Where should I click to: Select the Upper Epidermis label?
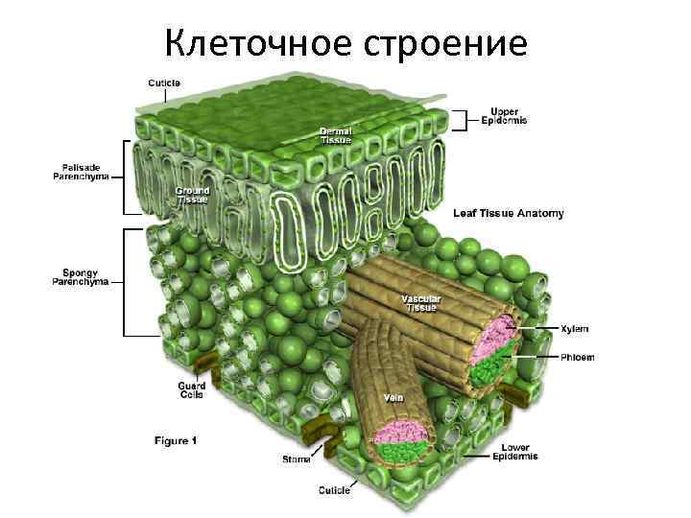[504, 116]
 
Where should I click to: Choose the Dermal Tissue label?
[336, 135]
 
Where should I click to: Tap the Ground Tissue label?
[192, 195]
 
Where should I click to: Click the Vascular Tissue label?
[419, 303]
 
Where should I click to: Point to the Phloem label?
[578, 357]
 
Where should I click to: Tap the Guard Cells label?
[192, 390]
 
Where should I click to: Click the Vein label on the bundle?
[393, 397]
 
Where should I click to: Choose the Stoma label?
[296, 459]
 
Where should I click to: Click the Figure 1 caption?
[176, 440]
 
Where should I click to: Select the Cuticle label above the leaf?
[164, 82]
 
